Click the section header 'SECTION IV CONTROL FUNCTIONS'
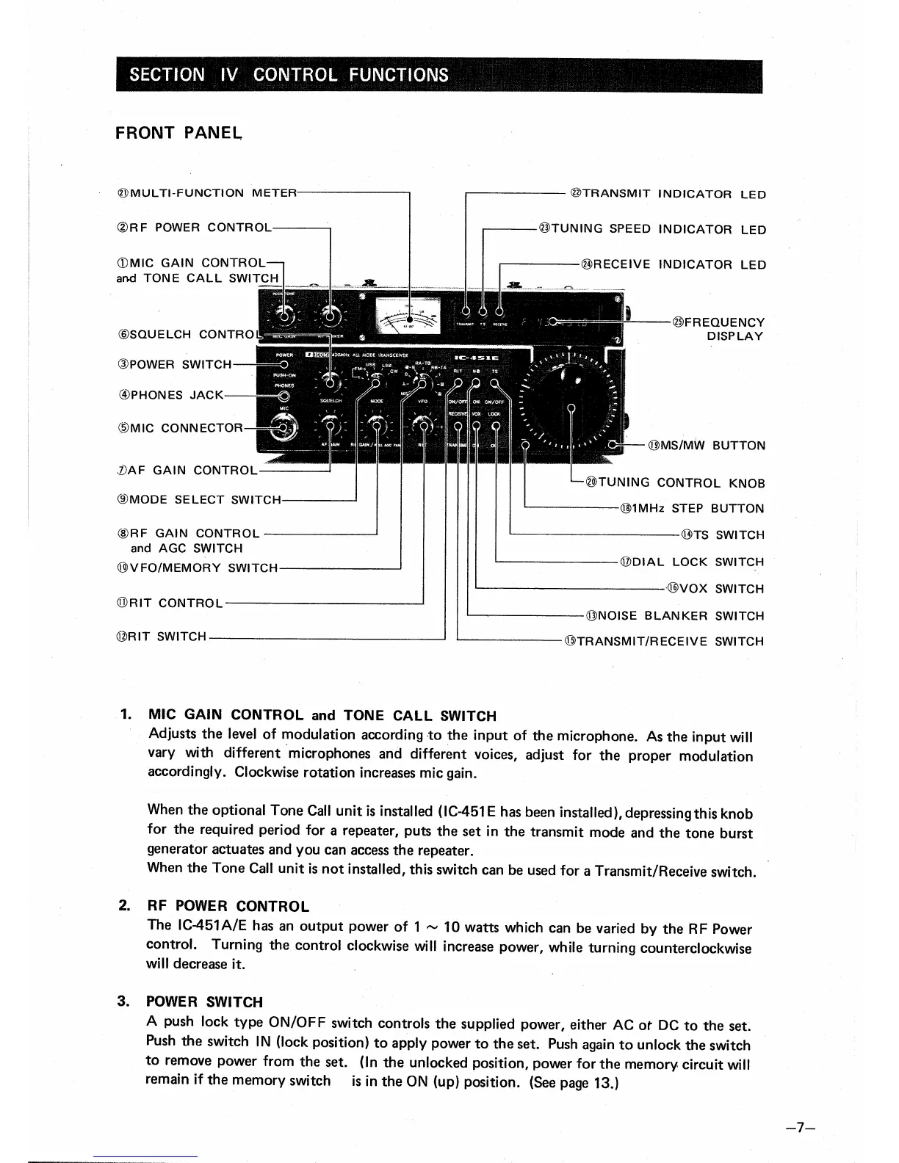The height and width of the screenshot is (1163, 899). [289, 75]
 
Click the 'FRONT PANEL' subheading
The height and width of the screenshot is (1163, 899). [178, 133]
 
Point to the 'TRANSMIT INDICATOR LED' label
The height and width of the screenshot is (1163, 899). [668, 195]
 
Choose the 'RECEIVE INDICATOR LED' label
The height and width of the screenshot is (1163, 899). [673, 264]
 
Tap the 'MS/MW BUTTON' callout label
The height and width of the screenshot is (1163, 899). [706, 446]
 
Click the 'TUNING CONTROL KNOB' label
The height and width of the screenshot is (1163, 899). [674, 482]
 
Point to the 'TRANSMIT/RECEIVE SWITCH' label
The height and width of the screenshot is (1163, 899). [664, 641]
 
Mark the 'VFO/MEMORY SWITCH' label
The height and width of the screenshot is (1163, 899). [197, 568]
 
